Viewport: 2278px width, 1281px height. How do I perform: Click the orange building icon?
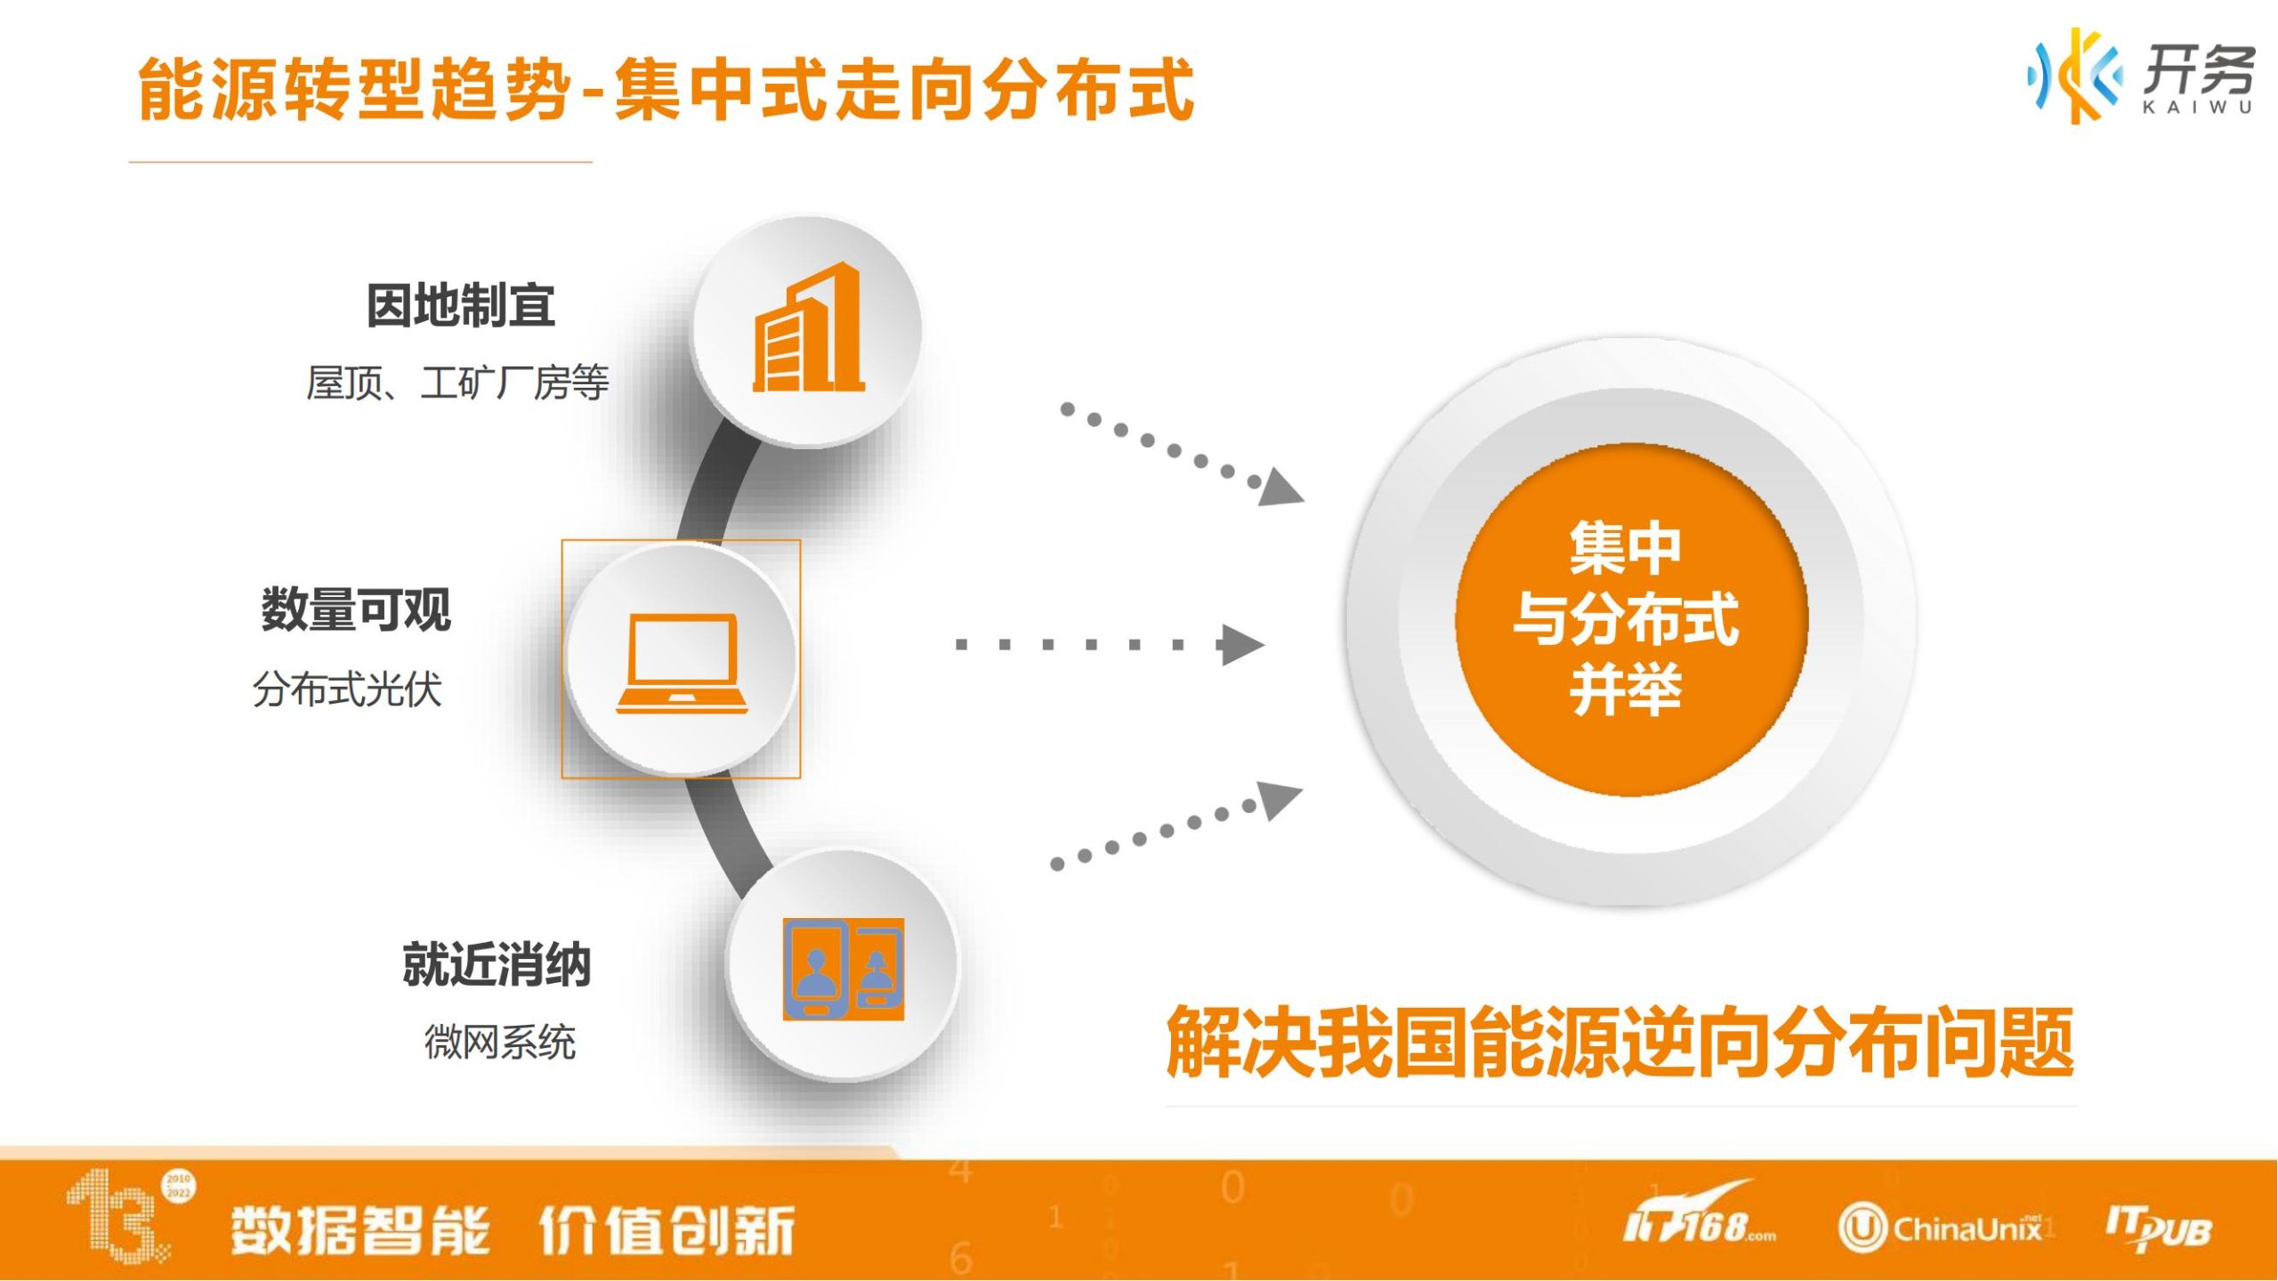[808, 327]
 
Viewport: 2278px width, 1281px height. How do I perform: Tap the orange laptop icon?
[683, 664]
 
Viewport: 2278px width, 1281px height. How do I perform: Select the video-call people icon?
[844, 970]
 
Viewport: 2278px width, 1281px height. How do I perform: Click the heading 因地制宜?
[461, 306]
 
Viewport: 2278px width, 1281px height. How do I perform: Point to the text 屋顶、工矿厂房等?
[457, 383]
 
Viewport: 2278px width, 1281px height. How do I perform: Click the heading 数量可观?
[356, 610]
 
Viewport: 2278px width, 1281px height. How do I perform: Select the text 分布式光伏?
[347, 689]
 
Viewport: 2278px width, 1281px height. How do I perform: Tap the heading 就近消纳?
[497, 965]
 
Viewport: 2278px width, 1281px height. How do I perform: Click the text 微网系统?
[500, 1042]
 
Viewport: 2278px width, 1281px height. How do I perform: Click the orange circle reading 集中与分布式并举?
[1631, 620]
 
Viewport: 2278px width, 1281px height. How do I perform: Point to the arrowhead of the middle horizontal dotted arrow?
[1242, 645]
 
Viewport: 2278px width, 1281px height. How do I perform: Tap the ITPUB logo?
[2159, 1229]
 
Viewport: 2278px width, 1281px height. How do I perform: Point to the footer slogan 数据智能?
[360, 1231]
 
